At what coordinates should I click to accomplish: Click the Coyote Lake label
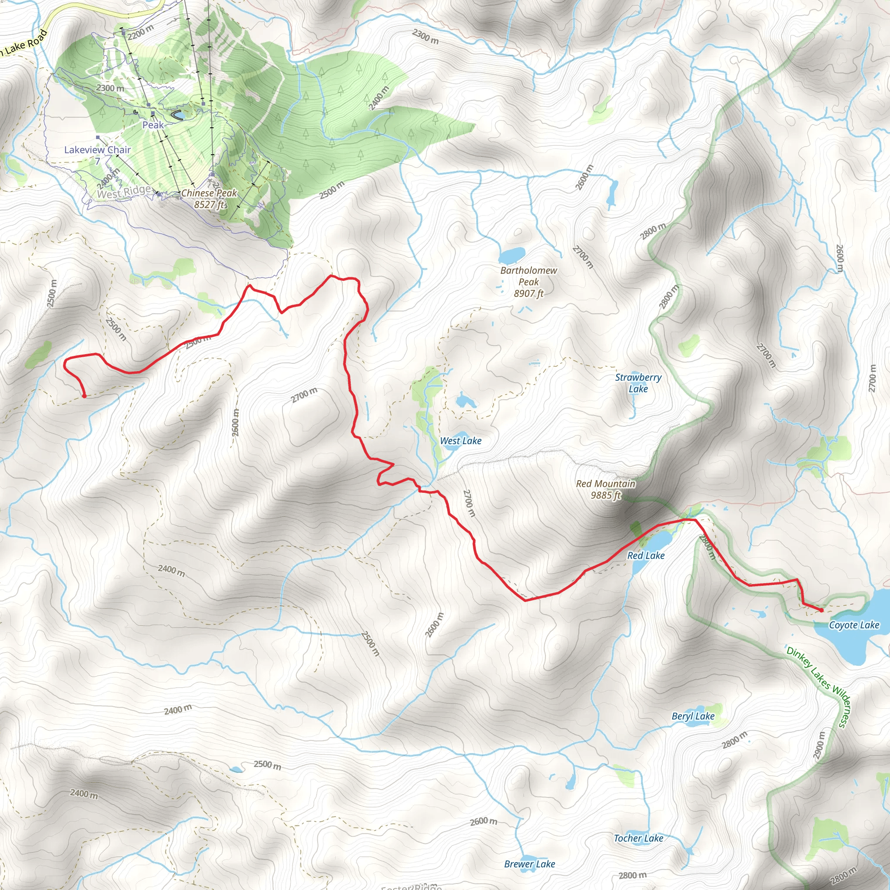tap(853, 625)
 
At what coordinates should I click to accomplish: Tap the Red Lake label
tap(646, 555)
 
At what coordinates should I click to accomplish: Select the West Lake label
tap(461, 441)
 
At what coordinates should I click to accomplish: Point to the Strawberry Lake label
tap(638, 383)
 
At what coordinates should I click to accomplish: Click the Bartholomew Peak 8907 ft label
tap(528, 282)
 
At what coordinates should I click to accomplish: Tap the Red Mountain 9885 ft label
tap(605, 489)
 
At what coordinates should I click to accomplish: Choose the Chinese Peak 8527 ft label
tap(209, 199)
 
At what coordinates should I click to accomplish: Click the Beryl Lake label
tap(693, 716)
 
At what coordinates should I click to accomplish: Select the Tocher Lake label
tap(638, 838)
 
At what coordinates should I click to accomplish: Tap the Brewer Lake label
tap(529, 864)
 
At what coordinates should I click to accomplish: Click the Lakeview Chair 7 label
tap(97, 155)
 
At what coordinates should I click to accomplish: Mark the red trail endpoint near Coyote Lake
tap(821, 611)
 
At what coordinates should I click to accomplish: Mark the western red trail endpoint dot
tap(84, 396)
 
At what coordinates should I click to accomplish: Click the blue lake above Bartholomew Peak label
tap(512, 255)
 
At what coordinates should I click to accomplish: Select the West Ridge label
tap(123, 192)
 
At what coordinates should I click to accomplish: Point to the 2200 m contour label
tap(140, 32)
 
